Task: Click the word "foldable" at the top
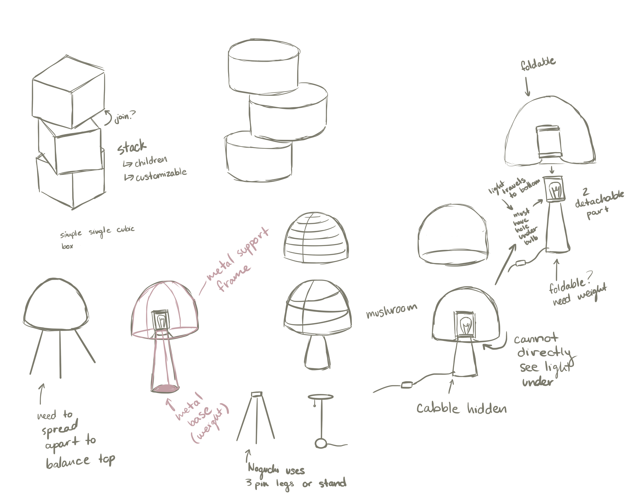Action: point(538,64)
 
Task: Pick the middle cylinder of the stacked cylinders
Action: point(288,112)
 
